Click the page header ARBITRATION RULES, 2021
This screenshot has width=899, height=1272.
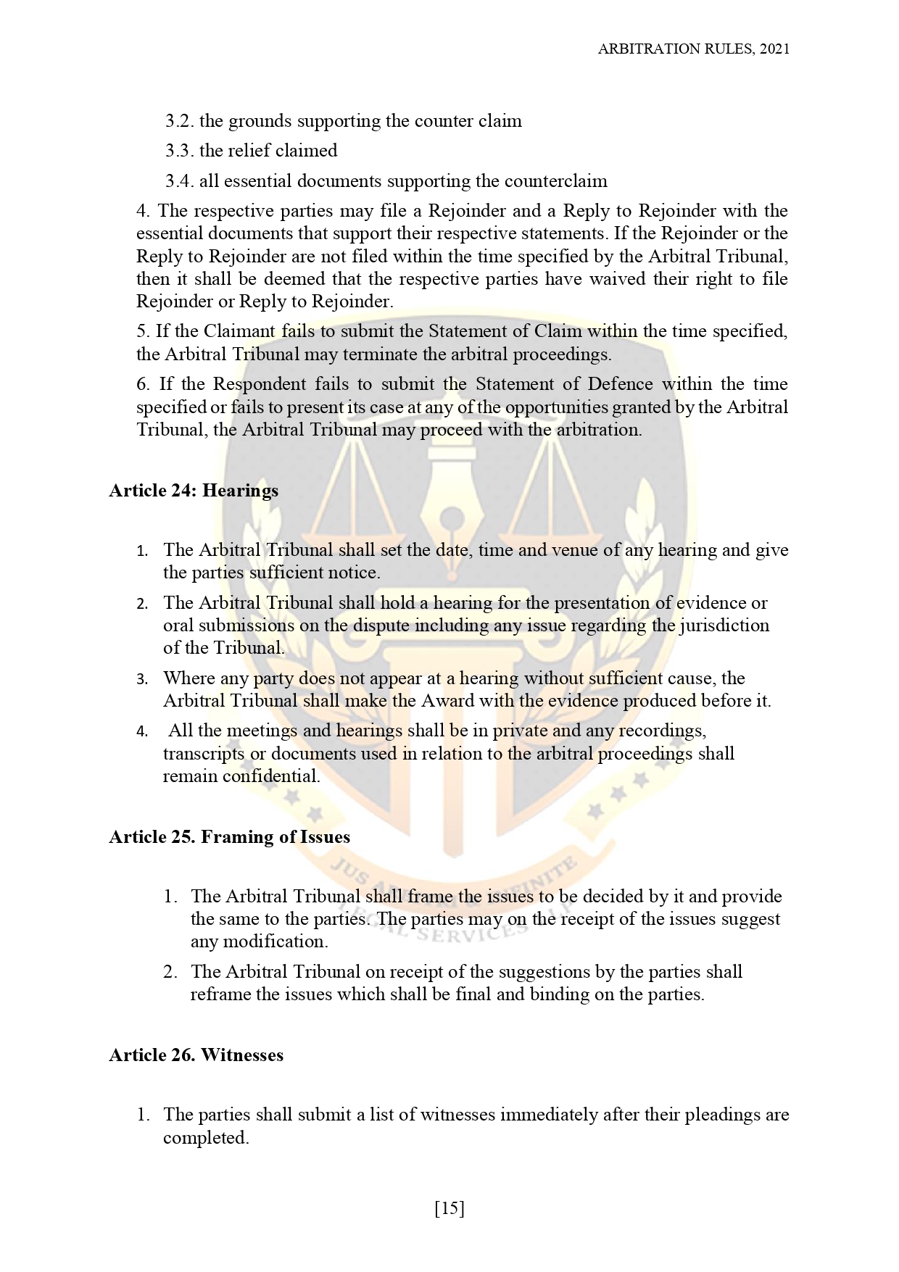[693, 49]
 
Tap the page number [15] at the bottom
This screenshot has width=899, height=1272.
[449, 1208]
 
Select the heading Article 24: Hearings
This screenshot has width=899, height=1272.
[194, 491]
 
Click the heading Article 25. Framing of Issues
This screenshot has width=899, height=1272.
[229, 837]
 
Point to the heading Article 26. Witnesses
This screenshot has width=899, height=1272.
[196, 1055]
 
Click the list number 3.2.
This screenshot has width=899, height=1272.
[178, 121]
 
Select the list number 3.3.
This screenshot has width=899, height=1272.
[178, 151]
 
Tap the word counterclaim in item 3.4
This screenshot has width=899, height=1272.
[555, 181]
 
